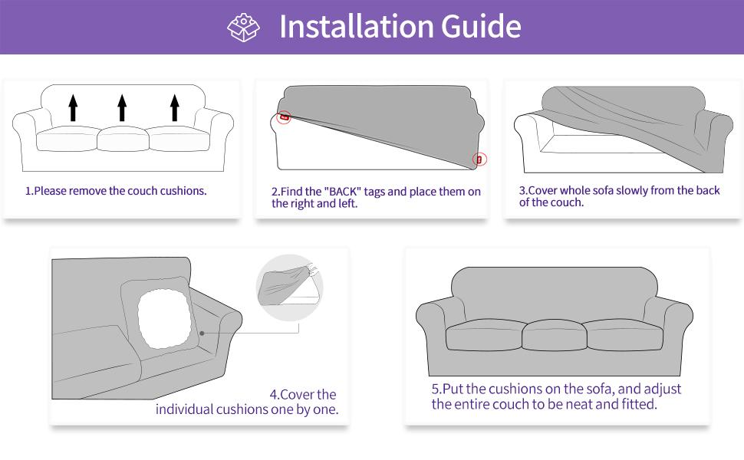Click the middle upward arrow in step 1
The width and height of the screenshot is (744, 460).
[122, 107]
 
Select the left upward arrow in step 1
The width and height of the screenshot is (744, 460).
[73, 107]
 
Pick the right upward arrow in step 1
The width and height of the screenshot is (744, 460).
[174, 107]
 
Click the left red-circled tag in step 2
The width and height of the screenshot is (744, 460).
[284, 118]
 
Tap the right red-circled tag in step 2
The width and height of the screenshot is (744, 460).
[480, 159]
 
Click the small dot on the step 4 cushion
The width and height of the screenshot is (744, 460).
[202, 333]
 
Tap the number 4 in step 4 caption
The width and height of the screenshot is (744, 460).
[273, 395]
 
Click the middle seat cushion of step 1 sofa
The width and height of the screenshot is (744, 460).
[122, 139]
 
